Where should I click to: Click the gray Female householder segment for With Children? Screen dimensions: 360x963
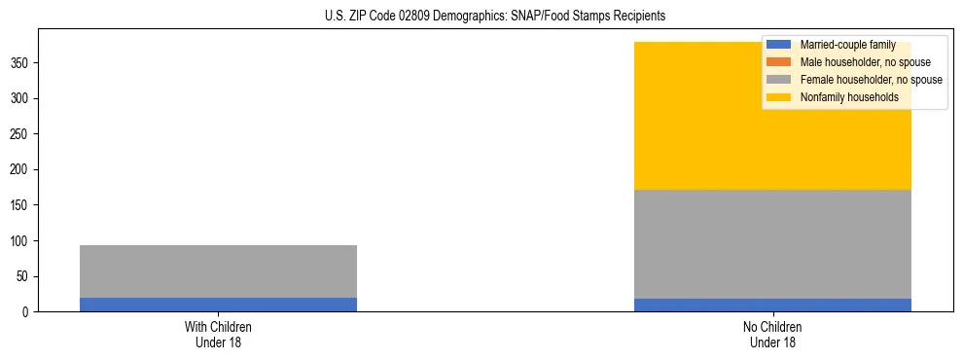click(218, 271)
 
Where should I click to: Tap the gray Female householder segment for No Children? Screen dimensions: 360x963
click(772, 244)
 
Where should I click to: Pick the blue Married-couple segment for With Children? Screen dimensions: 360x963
click(218, 305)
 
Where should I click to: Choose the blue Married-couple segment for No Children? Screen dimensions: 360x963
click(772, 305)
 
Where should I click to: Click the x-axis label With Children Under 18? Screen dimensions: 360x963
click(218, 334)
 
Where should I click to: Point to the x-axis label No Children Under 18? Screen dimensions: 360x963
click(772, 334)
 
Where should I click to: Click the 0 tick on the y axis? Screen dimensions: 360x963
click(27, 312)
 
